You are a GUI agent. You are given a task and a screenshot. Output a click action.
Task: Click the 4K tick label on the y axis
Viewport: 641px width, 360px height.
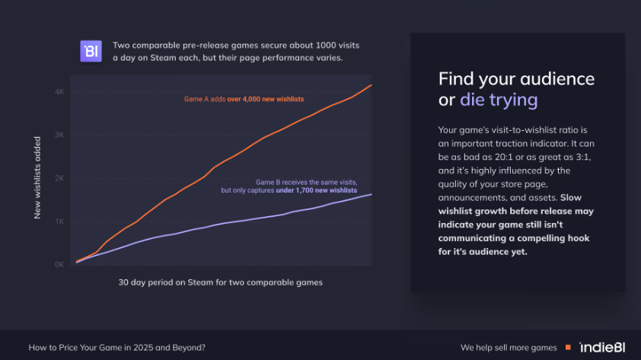coord(59,92)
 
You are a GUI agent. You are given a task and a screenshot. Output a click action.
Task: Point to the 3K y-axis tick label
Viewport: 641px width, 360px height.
coord(59,135)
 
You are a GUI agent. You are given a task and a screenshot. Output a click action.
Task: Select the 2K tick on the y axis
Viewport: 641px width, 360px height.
coord(59,178)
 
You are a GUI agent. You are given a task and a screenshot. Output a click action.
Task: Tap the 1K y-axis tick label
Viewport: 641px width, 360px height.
coord(59,221)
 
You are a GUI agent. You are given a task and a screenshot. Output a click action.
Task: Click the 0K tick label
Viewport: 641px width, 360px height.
coord(59,264)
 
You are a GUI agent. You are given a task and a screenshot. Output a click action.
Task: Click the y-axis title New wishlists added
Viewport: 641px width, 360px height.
coord(37,178)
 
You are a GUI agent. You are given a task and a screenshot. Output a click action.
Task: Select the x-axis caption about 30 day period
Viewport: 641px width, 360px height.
coord(220,282)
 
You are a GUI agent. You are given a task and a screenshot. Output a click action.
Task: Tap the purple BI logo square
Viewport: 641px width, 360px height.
coord(91,51)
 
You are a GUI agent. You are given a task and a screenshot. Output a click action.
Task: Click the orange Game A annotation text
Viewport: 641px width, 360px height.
coord(244,99)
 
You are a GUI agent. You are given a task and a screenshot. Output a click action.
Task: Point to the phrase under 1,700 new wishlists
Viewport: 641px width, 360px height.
coord(317,190)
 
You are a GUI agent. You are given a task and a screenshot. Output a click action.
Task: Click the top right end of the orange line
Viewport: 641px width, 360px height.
coord(372,85)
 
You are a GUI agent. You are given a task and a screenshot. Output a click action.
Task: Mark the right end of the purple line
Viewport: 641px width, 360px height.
coord(372,195)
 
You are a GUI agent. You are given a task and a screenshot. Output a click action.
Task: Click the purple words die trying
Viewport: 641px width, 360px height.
coord(499,100)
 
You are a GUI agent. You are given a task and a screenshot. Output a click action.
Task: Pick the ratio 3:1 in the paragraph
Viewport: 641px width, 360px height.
coord(581,157)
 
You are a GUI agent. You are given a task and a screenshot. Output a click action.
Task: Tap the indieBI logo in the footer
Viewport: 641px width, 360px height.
coord(602,347)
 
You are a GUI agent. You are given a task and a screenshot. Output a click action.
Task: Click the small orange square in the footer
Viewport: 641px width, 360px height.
coord(568,347)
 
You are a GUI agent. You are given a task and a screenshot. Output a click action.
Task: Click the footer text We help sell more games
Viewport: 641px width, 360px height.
coord(509,348)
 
